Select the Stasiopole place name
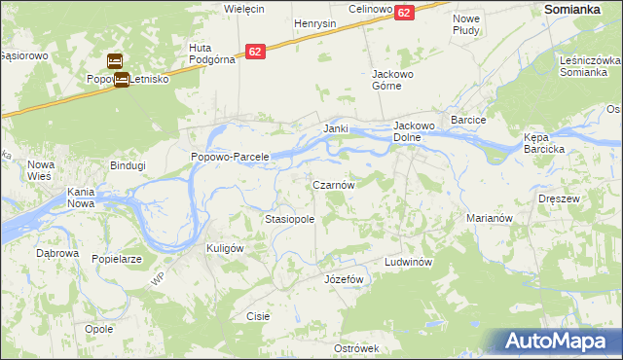(x=290, y=220)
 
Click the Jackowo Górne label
(x=394, y=79)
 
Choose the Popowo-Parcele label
(x=230, y=157)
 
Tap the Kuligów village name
(x=224, y=248)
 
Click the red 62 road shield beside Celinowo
(x=405, y=12)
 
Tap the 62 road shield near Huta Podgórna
(x=255, y=51)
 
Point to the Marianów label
(x=490, y=218)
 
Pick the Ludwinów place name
(x=407, y=263)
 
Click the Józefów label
(x=343, y=279)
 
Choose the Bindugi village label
(x=128, y=165)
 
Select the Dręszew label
(x=559, y=198)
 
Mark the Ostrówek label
(x=355, y=348)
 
